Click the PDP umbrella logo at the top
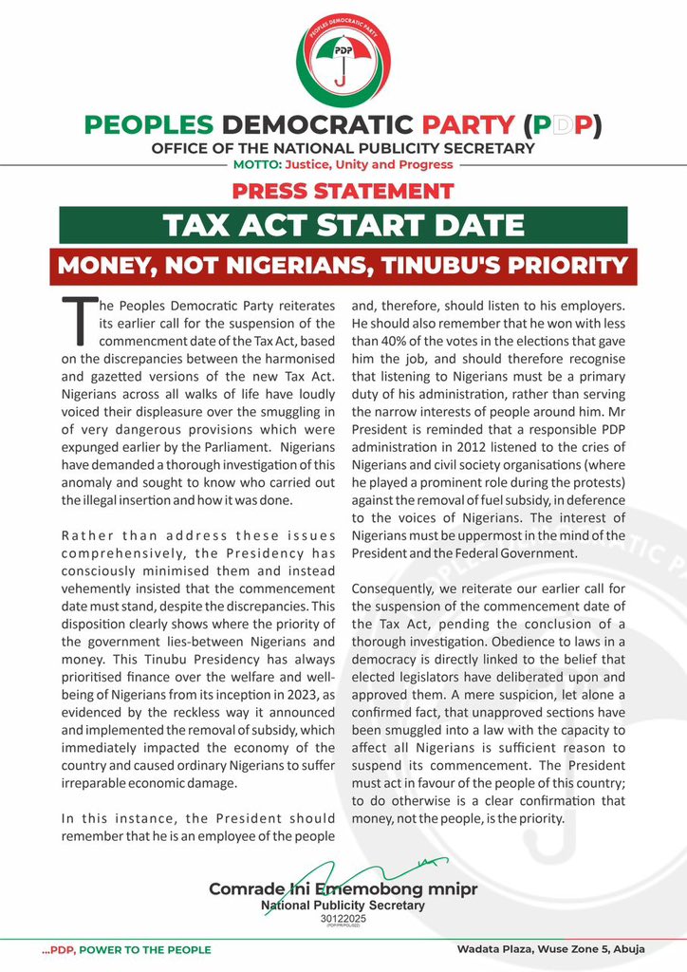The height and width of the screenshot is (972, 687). tap(343, 59)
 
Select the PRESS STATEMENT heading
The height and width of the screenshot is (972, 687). tap(343, 190)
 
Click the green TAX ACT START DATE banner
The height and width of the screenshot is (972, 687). tap(343, 226)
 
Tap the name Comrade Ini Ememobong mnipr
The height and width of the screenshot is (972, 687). tap(343, 889)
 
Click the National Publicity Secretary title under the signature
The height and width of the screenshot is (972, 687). tap(343, 906)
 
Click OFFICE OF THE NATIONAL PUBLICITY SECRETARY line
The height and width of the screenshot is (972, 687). tap(343, 148)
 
